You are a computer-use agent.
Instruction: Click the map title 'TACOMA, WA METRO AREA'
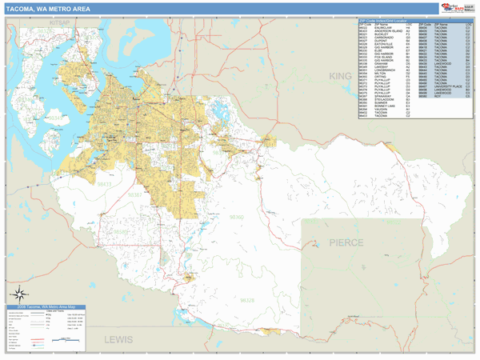[48, 9]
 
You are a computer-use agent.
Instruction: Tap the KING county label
[341, 75]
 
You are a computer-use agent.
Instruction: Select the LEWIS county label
[119, 339]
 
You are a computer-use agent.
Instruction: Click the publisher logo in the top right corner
[456, 8]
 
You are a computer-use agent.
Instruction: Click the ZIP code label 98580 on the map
[121, 233]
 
